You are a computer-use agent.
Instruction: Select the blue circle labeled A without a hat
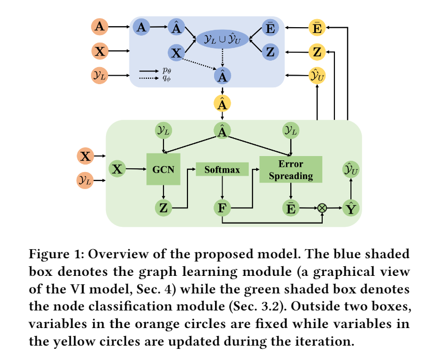pos(141,27)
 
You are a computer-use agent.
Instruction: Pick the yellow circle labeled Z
pos(317,52)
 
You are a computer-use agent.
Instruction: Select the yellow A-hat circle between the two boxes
pos(222,103)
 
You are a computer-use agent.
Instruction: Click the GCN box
pos(163,169)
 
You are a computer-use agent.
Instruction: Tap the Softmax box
pos(222,170)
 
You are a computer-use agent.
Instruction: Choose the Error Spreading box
pos(290,170)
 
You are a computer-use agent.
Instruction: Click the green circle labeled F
pos(222,208)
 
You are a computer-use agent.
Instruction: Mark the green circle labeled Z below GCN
pos(163,208)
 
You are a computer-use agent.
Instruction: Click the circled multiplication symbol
pos(322,208)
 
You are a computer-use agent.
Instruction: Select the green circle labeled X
pos(117,169)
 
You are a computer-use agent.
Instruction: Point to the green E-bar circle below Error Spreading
pos(290,208)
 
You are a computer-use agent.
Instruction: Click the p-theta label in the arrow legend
pos(167,70)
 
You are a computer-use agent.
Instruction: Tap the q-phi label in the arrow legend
pos(167,78)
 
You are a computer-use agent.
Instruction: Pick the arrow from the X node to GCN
pos(136,169)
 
